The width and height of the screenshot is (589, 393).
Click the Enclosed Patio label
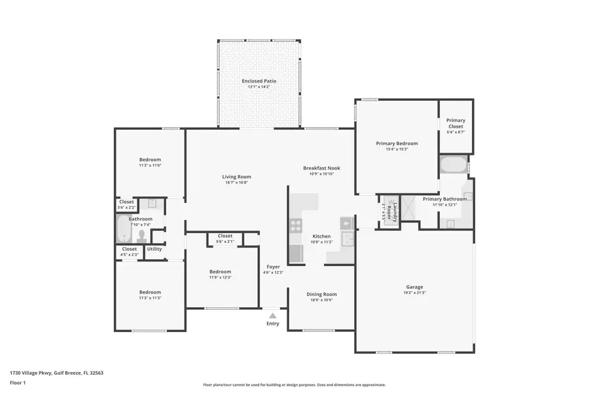(259, 81)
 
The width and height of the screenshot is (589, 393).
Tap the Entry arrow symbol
(272, 316)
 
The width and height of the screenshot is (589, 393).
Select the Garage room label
(414, 287)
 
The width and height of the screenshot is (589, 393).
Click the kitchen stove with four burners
(296, 226)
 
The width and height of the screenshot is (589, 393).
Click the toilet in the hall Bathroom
(142, 235)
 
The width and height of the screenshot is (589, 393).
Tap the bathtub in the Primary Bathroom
(453, 164)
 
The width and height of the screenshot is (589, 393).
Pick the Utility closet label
(154, 249)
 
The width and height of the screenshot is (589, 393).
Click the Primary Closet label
(455, 123)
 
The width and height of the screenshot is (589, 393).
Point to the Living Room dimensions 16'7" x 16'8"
(236, 183)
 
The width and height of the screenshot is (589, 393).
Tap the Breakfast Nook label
(321, 168)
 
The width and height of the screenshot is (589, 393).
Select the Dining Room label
(321, 294)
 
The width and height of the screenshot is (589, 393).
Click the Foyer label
(273, 267)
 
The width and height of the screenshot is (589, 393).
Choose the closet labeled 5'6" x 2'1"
(225, 238)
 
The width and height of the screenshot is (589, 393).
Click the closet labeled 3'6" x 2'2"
(126, 204)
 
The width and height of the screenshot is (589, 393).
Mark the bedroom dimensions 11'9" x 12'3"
(220, 278)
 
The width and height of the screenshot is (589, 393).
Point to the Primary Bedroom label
(397, 143)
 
